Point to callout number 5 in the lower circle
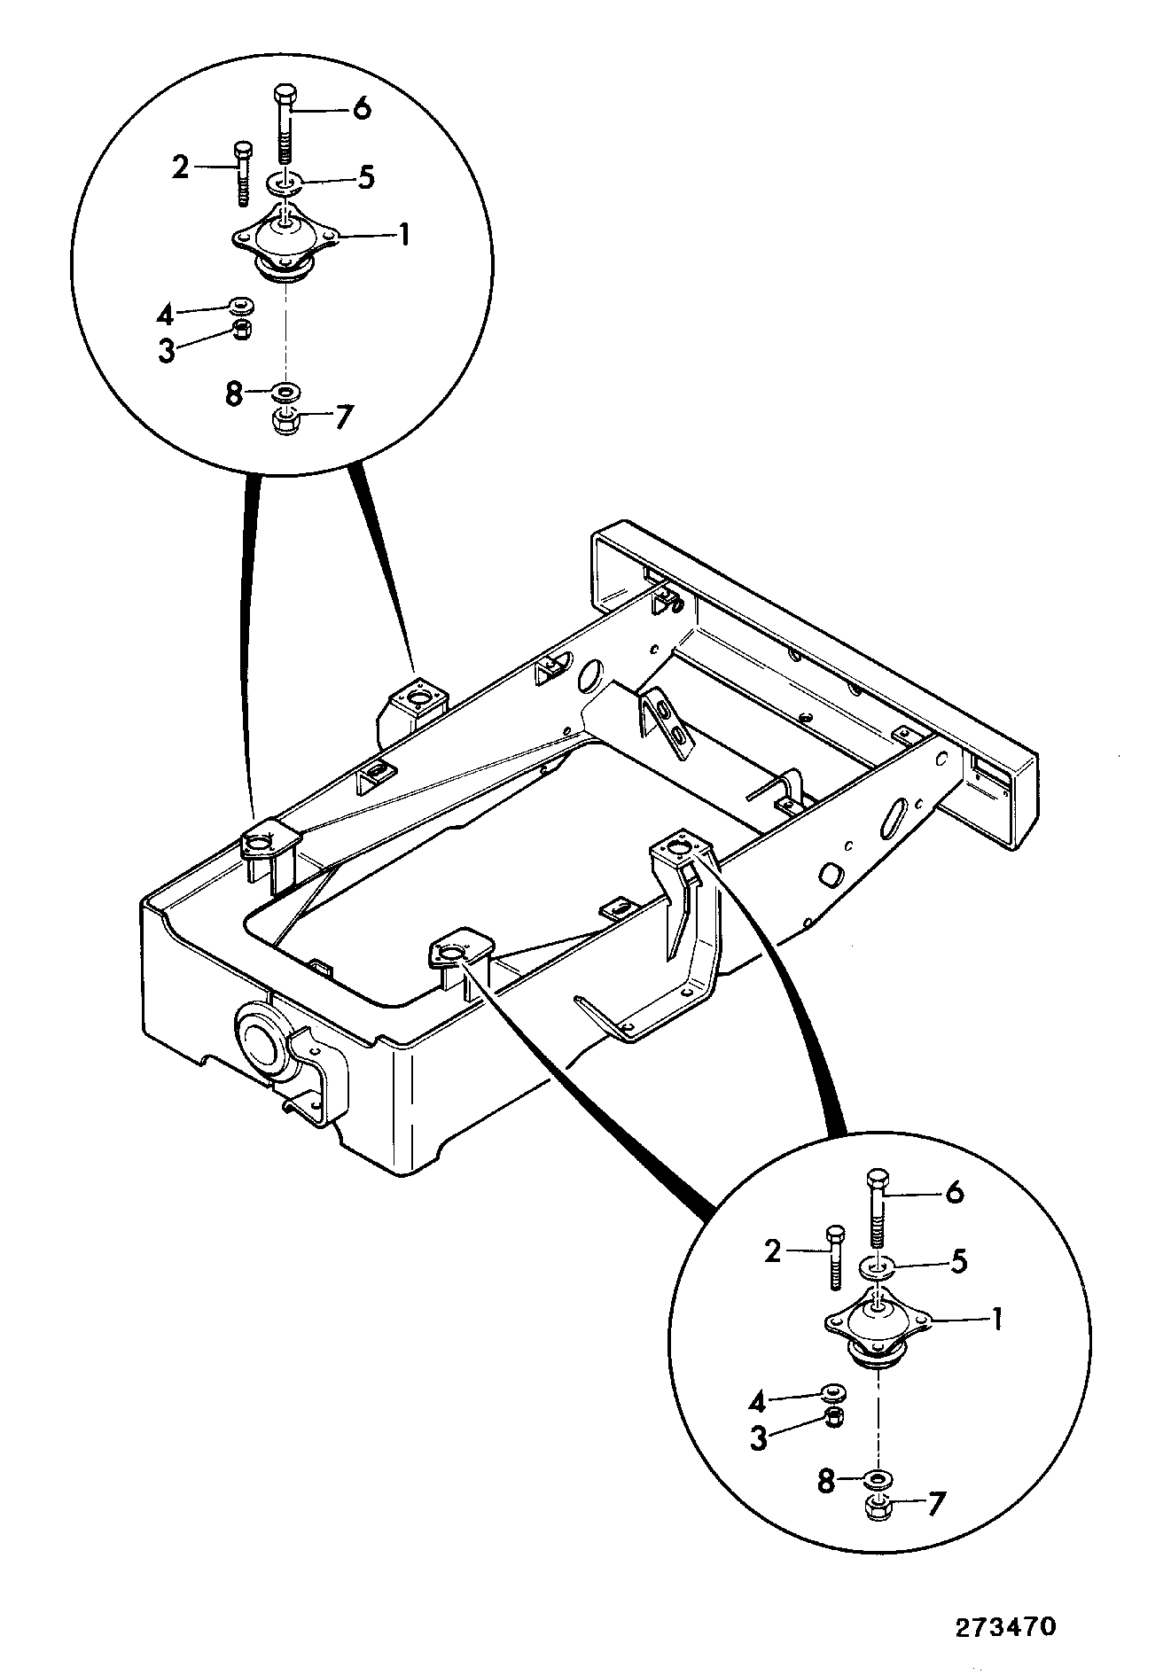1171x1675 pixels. pos(958,1262)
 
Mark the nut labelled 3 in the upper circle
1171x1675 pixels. pos(240,330)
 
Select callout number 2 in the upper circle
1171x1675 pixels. pos(181,167)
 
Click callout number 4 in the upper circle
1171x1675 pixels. pos(165,314)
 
